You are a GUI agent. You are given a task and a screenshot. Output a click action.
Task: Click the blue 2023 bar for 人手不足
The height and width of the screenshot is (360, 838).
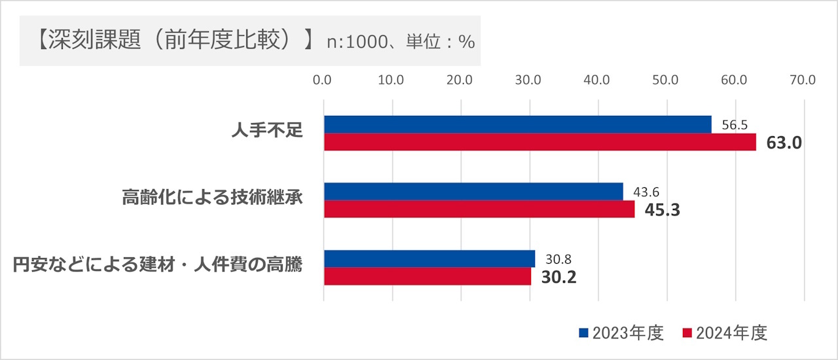coord(517,124)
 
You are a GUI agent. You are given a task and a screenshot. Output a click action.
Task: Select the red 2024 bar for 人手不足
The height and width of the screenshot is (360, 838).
coord(539,142)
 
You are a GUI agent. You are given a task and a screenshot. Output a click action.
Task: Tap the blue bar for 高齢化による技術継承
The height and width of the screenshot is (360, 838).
coord(473,191)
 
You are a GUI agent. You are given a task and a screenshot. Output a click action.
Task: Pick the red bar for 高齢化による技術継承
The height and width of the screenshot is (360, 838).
coord(479,209)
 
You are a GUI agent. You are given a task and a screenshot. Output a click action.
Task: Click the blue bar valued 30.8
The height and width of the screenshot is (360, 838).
coord(429,259)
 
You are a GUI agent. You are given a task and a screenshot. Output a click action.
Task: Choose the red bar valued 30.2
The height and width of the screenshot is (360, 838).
coord(428,276)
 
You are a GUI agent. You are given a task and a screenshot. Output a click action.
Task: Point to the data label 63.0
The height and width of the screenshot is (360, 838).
coord(784,143)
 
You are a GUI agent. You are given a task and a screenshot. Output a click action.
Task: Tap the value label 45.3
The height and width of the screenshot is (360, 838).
coord(663,210)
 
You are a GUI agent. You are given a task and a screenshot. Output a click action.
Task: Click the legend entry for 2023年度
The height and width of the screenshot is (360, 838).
coord(622,333)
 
